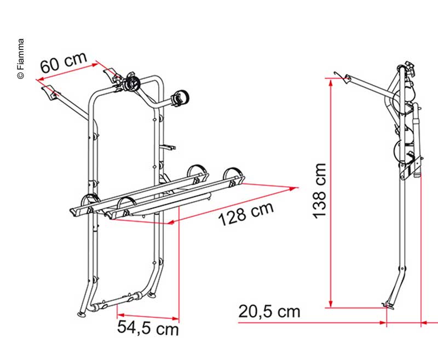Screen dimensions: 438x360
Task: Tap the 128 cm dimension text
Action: click(x=246, y=213)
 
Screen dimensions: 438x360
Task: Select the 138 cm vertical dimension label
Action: click(x=319, y=191)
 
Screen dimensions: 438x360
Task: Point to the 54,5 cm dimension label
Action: click(x=148, y=328)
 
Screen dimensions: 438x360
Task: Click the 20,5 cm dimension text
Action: click(x=269, y=312)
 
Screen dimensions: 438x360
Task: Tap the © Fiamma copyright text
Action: click(x=21, y=59)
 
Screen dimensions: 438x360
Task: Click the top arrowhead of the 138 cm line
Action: click(x=331, y=82)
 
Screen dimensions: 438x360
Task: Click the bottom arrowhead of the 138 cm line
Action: click(x=331, y=304)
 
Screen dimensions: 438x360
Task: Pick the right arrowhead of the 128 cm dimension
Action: click(x=293, y=189)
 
